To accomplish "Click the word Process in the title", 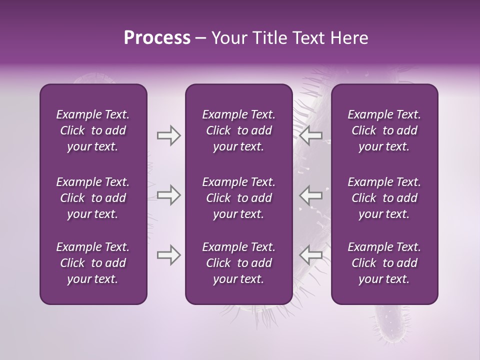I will point(157,38).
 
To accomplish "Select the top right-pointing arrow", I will point(168,135).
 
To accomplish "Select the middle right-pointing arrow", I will point(168,195).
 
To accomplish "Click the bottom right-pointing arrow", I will point(168,255).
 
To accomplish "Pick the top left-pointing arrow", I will point(311,135).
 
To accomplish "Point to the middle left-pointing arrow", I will point(311,195).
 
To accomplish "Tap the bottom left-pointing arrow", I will point(311,255).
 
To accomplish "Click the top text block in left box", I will point(93,130).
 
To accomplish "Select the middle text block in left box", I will point(93,198).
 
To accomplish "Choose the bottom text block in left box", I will point(93,263).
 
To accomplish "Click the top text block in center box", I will point(238,130).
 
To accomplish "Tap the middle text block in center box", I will point(238,198).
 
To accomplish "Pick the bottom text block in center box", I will point(238,263).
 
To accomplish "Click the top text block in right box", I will point(384,130).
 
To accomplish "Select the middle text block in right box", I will point(384,198).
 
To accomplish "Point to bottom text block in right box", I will point(384,263).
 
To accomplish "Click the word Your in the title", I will point(228,38).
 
